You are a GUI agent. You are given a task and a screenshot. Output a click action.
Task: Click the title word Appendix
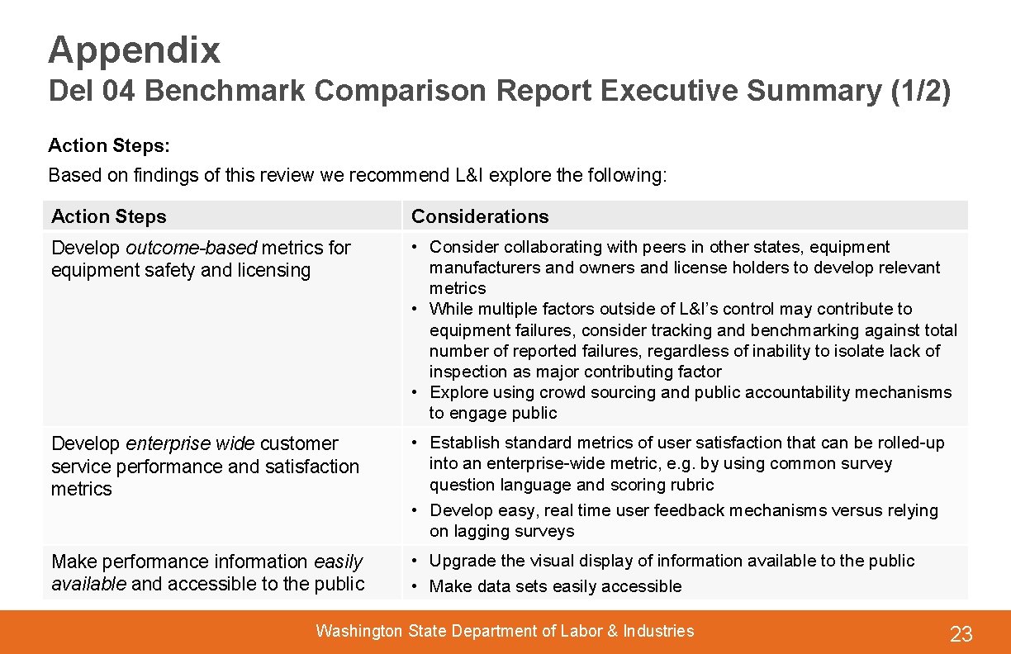click(134, 50)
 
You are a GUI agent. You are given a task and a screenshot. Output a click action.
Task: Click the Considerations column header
click(480, 216)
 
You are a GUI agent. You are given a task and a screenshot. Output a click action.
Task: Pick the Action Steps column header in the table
click(108, 216)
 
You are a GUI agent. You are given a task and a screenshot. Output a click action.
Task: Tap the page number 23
click(961, 634)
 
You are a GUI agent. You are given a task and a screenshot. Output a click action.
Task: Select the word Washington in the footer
click(358, 632)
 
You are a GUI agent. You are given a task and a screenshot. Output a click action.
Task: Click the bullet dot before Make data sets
click(416, 586)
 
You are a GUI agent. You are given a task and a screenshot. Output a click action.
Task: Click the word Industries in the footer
click(658, 632)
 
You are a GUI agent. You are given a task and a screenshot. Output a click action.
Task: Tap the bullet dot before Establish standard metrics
click(416, 443)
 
